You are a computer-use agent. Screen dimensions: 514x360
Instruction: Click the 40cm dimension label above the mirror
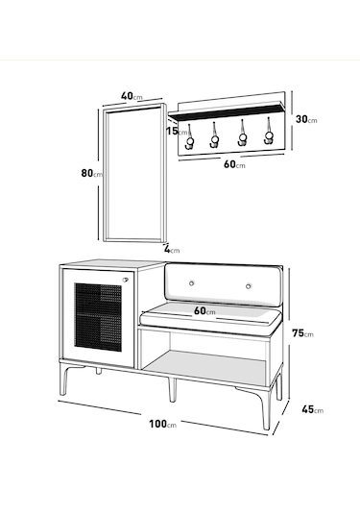132,95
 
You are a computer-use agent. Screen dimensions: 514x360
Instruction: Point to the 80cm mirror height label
91,174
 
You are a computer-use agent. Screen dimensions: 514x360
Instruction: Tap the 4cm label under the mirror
171,249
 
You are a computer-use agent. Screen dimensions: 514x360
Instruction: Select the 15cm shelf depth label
174,132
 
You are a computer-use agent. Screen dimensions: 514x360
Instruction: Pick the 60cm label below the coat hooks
234,164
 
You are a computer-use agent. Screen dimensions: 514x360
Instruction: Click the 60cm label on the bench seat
204,310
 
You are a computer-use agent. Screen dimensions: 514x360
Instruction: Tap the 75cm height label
302,332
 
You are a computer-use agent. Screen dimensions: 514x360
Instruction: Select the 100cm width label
159,424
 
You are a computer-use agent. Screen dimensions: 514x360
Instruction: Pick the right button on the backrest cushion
248,285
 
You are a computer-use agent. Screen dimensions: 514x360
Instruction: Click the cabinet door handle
125,281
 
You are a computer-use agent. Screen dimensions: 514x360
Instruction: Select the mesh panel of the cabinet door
101,324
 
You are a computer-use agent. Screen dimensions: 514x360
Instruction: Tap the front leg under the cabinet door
99,373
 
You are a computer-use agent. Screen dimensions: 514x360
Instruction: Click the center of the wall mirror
134,173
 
